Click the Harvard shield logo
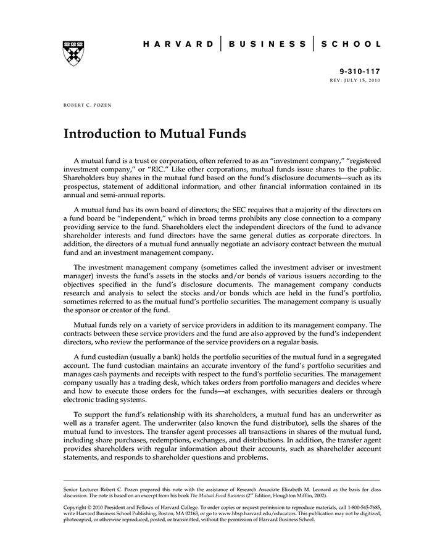coord(73,52)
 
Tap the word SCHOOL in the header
coord(351,44)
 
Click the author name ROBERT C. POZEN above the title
coord(88,106)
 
